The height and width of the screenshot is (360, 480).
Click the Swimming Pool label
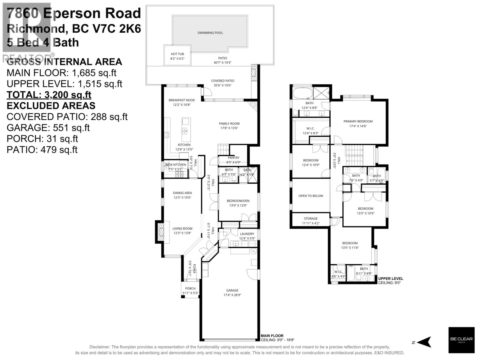(x=210, y=33)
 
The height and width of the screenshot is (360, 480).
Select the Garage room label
(x=232, y=290)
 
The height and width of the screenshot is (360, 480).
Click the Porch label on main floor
(x=190, y=289)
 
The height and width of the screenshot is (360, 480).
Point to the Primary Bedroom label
(x=358, y=121)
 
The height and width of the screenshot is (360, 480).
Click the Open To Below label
(x=311, y=196)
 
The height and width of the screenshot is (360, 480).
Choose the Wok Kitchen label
(x=175, y=165)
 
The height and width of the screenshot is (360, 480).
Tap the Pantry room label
(x=233, y=158)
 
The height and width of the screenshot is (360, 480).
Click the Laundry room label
(x=247, y=234)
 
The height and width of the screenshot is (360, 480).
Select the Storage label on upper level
(x=310, y=219)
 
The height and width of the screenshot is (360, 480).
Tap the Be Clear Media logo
(x=461, y=340)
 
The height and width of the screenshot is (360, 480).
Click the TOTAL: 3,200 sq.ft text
(x=49, y=95)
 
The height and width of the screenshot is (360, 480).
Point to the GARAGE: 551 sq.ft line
(x=48, y=128)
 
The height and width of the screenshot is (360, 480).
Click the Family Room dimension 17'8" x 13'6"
(x=229, y=128)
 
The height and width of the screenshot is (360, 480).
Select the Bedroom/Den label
(x=238, y=201)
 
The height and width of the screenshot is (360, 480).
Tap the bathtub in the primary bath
(x=302, y=93)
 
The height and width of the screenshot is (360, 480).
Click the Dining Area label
(x=182, y=193)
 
